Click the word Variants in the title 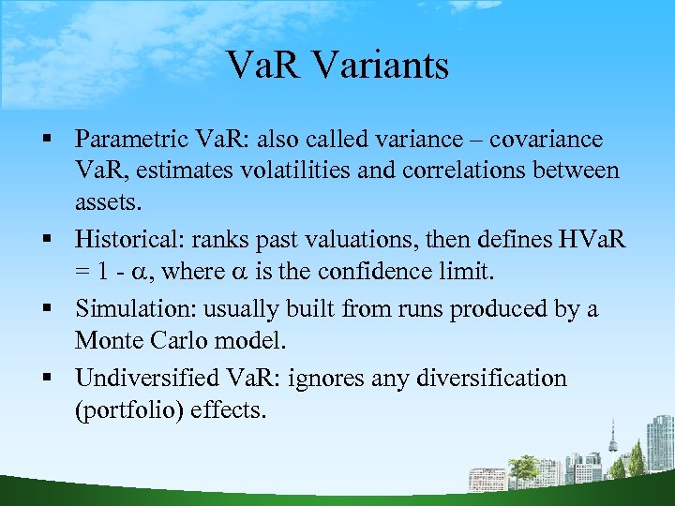378,66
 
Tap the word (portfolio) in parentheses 123,409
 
